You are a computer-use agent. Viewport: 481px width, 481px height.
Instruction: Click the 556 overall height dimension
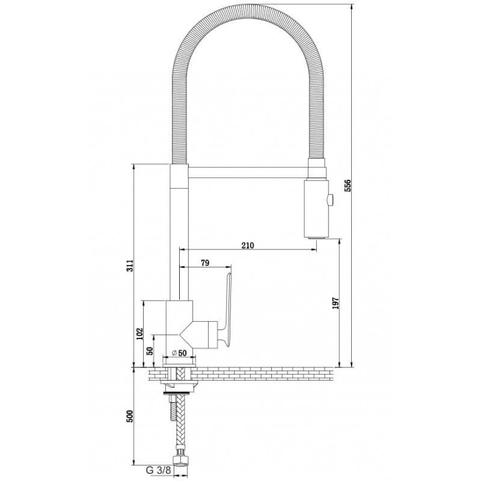348,185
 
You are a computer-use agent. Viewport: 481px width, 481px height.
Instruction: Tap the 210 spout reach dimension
248,245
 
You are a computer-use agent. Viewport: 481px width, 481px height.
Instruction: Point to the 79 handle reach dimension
205,263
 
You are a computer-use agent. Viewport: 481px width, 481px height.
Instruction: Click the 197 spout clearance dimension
335,303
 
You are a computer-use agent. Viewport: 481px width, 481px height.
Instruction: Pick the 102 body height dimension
139,334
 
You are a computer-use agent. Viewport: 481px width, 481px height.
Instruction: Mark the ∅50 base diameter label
179,353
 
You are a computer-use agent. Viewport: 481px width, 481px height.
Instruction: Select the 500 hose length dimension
130,416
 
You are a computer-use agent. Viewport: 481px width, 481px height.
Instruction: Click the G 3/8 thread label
159,470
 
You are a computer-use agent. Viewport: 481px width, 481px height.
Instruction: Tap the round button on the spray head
331,200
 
